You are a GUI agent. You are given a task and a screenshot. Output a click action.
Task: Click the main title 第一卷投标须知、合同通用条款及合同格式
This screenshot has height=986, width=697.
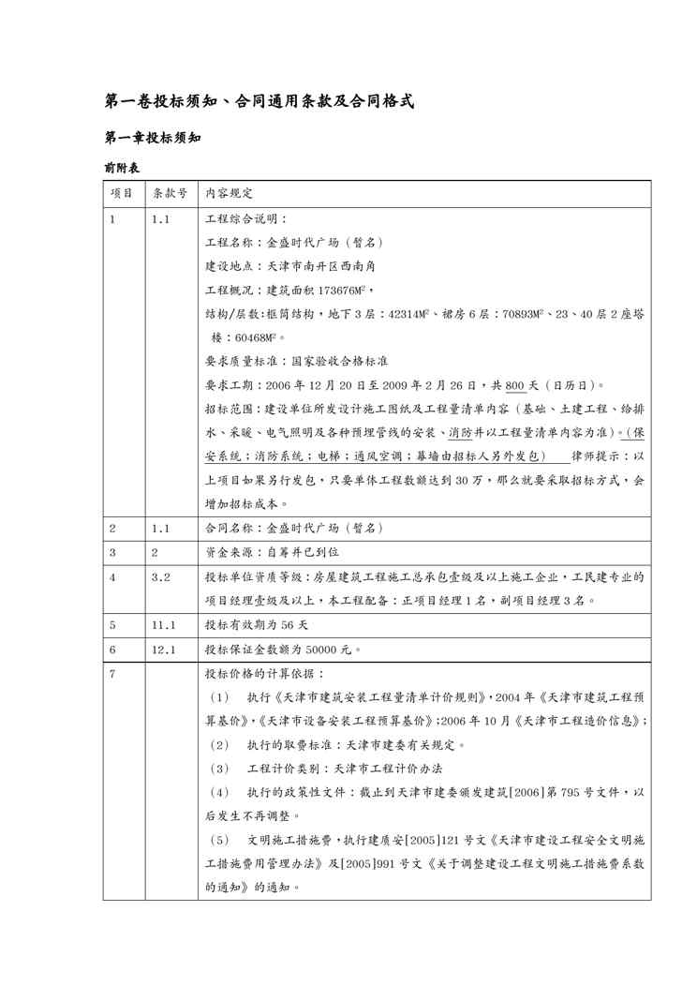(x=258, y=100)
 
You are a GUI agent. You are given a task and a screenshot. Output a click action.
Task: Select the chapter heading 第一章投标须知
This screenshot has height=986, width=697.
(x=152, y=137)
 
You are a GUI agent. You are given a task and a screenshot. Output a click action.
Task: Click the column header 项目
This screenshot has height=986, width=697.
(x=121, y=193)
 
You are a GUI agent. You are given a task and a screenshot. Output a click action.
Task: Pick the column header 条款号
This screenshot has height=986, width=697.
(x=170, y=193)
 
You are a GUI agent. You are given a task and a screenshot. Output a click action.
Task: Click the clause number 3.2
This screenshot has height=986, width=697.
(x=160, y=576)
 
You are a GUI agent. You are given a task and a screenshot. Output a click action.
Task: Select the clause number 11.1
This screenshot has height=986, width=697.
(x=164, y=623)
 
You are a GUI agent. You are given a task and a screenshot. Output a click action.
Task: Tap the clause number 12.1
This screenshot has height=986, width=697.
(x=164, y=649)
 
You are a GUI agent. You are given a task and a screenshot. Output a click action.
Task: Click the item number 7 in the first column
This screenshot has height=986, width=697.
(x=112, y=673)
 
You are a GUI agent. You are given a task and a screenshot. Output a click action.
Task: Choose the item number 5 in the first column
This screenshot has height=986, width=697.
(x=112, y=623)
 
